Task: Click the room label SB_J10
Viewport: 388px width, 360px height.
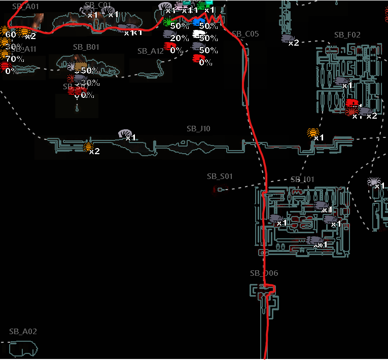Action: [x=198, y=129]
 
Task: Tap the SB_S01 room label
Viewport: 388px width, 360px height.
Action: [x=220, y=176]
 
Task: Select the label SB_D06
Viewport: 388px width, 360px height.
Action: [x=264, y=273]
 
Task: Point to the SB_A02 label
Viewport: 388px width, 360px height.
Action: [x=23, y=332]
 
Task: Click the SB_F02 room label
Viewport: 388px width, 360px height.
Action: [x=347, y=35]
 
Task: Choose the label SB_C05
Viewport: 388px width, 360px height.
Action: [x=245, y=34]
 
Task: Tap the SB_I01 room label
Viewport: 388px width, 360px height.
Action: [x=303, y=179]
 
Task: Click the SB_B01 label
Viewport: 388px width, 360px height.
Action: [x=86, y=47]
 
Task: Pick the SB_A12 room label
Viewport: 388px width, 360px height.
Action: [x=151, y=51]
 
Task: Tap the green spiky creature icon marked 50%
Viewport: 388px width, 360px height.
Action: [x=168, y=22]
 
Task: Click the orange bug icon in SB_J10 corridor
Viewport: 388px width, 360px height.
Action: [x=88, y=148]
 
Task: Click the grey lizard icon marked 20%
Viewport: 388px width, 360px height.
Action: [x=168, y=34]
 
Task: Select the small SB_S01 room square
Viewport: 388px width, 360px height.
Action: [x=220, y=189]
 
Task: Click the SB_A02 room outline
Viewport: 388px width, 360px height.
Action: [x=23, y=349]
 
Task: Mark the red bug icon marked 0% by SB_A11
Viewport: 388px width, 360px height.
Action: [x=5, y=67]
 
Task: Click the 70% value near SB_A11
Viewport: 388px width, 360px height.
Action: [x=15, y=59]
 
